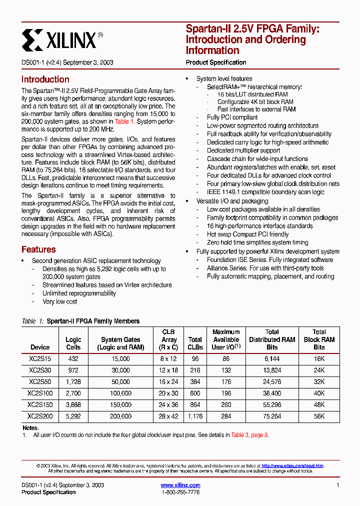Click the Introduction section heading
[45, 79]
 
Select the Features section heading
[38, 249]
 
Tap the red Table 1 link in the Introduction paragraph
[124, 121]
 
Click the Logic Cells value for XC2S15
[73, 359]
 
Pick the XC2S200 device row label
[40, 416]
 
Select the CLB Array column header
[169, 339]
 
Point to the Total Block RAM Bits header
[319, 339]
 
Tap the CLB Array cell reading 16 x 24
[169, 382]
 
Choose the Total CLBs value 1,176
[195, 416]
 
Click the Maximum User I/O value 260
[226, 405]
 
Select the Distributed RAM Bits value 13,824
[272, 370]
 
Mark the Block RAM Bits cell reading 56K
[319, 416]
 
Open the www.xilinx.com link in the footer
[180, 485]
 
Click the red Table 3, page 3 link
[249, 435]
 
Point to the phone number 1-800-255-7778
[180, 492]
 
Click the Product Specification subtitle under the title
[216, 62]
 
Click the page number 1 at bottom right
[338, 485]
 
